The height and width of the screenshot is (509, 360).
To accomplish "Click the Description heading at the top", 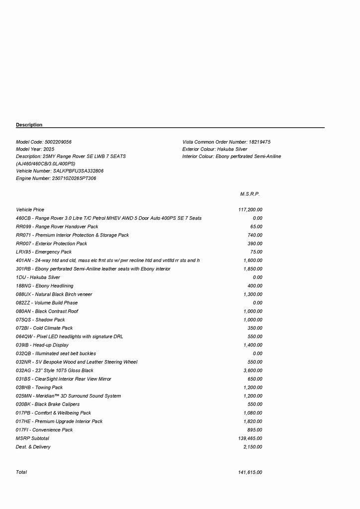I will click(29, 125).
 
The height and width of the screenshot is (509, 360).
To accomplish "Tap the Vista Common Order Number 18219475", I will click(259, 142).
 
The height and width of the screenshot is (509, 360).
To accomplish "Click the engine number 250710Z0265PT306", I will click(74, 178).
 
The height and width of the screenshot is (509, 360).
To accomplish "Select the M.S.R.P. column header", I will click(250, 194).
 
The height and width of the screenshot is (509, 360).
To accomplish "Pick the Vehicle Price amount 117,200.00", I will click(250, 210).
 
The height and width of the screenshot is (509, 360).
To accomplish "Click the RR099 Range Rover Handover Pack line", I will click(57, 227).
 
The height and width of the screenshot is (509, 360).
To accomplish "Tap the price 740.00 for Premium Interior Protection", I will click(255, 235).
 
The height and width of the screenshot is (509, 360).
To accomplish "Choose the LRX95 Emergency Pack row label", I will click(44, 252).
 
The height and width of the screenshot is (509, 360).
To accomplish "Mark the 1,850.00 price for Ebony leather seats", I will click(253, 269).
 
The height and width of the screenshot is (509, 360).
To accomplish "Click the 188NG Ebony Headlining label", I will click(44, 286).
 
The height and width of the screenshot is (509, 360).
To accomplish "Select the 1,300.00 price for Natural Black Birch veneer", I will click(253, 294).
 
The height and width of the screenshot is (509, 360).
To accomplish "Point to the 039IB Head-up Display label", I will click(42, 345).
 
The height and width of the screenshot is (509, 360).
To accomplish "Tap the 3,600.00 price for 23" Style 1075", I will click(253, 370).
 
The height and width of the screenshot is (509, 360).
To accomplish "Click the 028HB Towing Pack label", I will click(39, 387).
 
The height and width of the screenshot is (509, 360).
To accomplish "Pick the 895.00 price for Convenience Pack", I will click(255, 430).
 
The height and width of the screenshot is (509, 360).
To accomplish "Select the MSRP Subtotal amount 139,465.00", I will click(250, 438).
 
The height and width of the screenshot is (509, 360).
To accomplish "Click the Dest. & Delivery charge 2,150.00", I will click(253, 447).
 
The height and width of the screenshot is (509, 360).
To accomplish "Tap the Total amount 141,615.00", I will click(250, 472).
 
